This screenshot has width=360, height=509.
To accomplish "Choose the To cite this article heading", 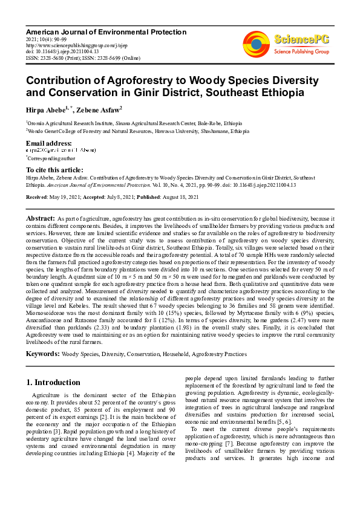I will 54,170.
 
